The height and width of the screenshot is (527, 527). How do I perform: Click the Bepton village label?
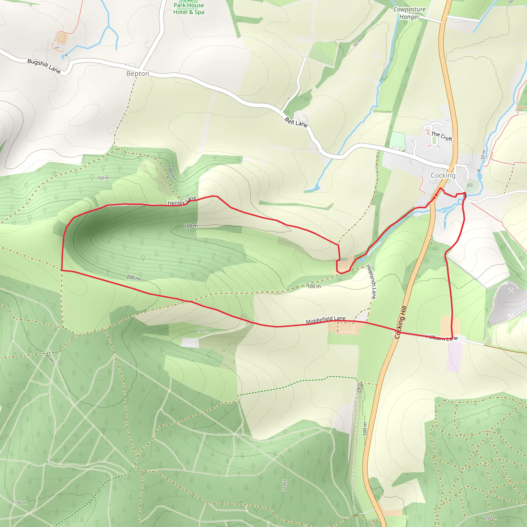tap(137, 74)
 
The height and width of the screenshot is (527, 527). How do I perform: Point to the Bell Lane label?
tap(296, 122)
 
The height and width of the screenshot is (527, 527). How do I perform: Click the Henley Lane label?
tap(182, 201)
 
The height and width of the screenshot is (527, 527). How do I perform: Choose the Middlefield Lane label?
tap(326, 320)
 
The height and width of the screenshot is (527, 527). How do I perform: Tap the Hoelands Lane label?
tap(371, 282)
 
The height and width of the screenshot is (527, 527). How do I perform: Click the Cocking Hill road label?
tap(401, 322)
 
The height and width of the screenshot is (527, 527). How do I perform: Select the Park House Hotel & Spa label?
tap(189, 9)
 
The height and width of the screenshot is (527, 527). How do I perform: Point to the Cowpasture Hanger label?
tap(409, 13)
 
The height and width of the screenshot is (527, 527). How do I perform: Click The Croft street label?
tap(442, 136)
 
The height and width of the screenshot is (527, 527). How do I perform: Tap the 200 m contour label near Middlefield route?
tap(133, 278)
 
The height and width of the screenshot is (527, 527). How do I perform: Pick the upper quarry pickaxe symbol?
tap(511, 291)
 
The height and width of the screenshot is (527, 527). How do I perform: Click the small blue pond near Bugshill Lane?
tap(63, 57)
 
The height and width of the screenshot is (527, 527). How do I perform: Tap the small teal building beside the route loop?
tap(345, 259)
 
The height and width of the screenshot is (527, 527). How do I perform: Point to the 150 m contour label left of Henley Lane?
tap(103, 178)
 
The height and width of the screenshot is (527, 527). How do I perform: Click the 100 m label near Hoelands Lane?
tap(314, 286)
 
